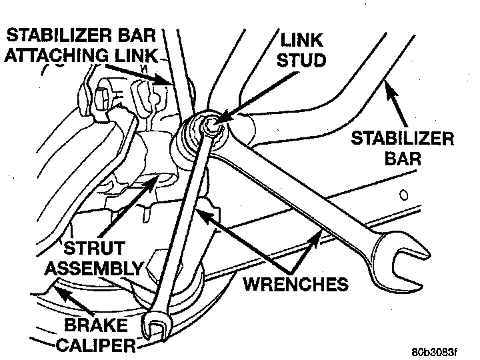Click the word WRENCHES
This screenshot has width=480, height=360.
295,284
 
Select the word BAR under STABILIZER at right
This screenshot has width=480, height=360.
403,159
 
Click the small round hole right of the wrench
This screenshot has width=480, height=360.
403,197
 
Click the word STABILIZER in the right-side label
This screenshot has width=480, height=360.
403,139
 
